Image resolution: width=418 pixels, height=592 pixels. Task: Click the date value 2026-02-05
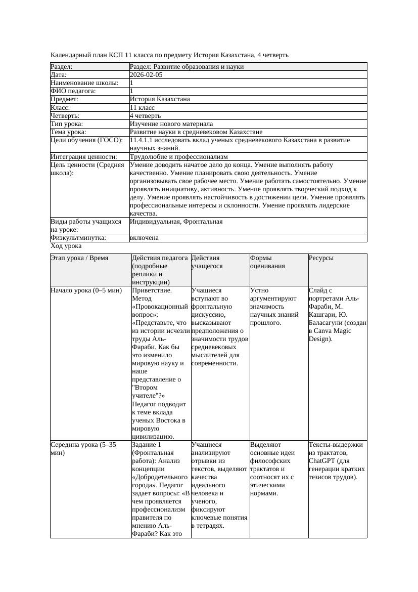146,75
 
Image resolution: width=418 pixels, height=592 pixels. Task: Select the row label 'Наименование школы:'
85,83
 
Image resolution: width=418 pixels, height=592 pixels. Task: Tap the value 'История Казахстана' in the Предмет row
160,99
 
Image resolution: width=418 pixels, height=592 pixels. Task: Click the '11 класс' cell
142,108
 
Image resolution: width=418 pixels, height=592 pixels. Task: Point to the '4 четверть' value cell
145,116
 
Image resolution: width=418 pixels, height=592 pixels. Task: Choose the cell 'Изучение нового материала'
171,124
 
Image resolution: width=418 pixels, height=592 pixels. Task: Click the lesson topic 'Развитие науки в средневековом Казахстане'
196,132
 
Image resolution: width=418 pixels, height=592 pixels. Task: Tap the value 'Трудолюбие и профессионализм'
178,157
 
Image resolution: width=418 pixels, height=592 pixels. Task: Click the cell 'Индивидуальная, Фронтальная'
176,222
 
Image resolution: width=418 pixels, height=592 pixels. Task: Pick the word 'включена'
144,238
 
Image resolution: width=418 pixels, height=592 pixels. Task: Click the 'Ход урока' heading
66,246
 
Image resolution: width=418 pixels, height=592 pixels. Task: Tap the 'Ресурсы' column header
321,258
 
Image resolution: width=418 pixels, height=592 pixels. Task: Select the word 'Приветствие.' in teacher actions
152,291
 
